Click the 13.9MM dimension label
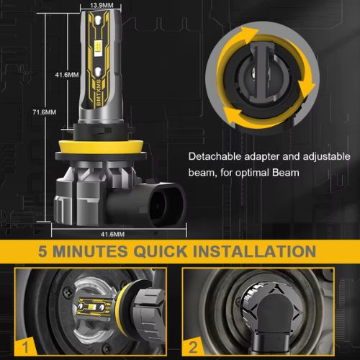(102, 5)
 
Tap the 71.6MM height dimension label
(45, 112)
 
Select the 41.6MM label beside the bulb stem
(67, 75)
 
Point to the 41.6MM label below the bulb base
(113, 234)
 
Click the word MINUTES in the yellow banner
(90, 251)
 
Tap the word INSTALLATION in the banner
(254, 251)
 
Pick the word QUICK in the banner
(161, 252)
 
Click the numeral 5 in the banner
(42, 251)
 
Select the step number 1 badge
(26, 347)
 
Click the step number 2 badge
(193, 347)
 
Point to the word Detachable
(215, 156)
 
